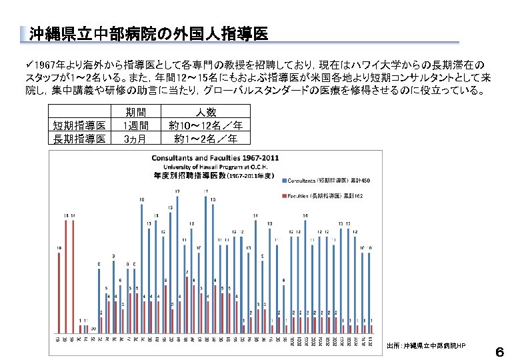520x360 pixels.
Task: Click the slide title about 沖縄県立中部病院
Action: [x=149, y=33]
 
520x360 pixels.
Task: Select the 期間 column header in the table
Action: [x=135, y=112]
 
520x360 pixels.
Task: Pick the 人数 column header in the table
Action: [x=205, y=112]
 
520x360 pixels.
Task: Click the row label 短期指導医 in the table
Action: [x=79, y=125]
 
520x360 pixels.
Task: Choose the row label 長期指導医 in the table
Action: [x=79, y=139]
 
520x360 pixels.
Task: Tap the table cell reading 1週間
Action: [x=135, y=125]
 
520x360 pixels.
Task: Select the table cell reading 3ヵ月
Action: [x=135, y=139]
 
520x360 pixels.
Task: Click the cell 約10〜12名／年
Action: [x=205, y=125]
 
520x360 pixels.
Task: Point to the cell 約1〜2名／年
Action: [x=205, y=139]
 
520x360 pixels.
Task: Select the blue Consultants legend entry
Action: [x=331, y=181]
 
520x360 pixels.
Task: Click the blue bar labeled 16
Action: [x=141, y=267]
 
